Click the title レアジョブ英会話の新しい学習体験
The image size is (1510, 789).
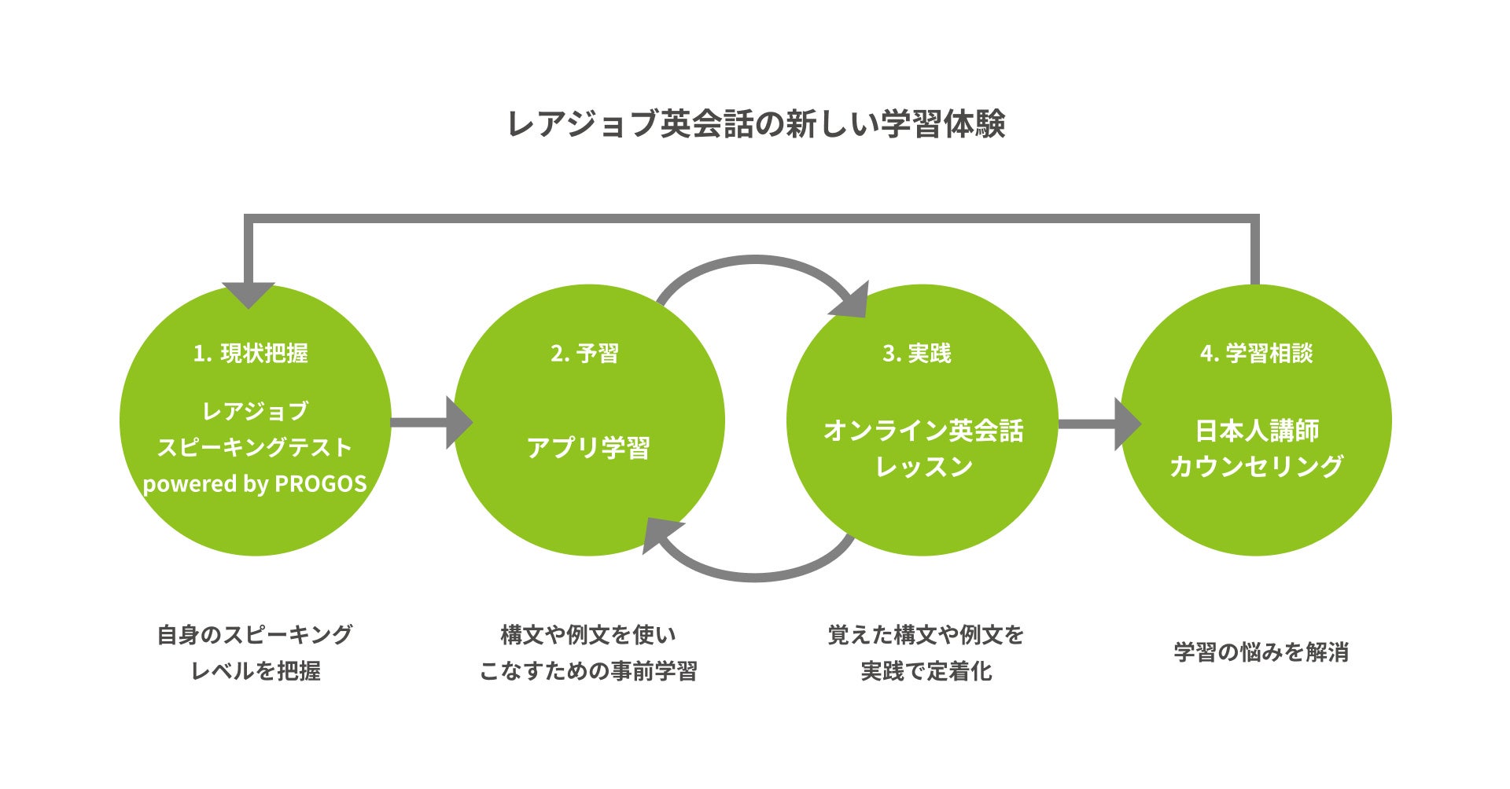[755, 124]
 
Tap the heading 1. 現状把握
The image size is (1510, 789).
[251, 354]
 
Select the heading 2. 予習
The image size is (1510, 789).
[584, 354]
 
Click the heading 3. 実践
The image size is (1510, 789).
[917, 354]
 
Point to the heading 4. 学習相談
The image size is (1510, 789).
[1256, 354]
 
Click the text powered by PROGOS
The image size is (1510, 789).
[255, 483]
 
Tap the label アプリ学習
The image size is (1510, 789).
[588, 448]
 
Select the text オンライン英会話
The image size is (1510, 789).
[923, 431]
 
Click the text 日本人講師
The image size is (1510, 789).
[1257, 431]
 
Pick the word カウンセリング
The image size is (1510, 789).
[1257, 466]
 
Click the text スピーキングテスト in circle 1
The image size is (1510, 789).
[255, 447]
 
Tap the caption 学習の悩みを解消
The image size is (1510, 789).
[1261, 652]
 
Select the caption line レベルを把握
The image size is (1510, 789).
[256, 670]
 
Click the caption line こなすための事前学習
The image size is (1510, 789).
[588, 670]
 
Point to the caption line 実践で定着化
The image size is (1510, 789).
[926, 670]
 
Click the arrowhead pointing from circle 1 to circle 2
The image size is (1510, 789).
[458, 423]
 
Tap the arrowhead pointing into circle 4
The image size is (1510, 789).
[1126, 424]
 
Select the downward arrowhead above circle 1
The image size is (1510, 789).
[249, 294]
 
